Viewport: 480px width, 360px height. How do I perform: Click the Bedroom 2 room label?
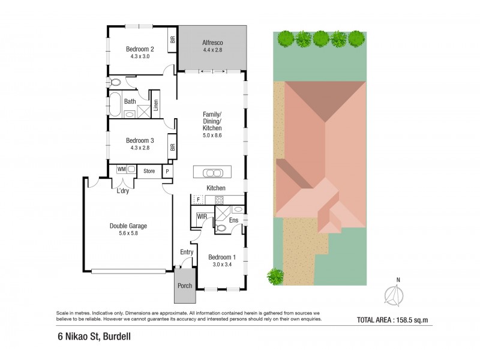pyautogui.click(x=140, y=49)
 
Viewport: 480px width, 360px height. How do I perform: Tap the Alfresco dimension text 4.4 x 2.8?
pyautogui.click(x=212, y=52)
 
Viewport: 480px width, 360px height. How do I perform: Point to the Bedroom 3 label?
pyautogui.click(x=140, y=141)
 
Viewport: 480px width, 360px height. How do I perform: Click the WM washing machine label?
pyautogui.click(x=121, y=170)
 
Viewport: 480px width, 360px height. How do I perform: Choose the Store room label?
pyautogui.click(x=149, y=171)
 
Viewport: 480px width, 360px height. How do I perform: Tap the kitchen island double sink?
pyautogui.click(x=212, y=173)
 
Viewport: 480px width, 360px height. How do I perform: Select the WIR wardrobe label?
pyautogui.click(x=202, y=215)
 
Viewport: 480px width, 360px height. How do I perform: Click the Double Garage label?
pyautogui.click(x=128, y=226)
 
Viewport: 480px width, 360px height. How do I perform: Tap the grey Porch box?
pyautogui.click(x=185, y=286)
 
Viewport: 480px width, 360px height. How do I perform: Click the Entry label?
pyautogui.click(x=187, y=253)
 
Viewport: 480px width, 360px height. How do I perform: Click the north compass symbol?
pyautogui.click(x=395, y=294)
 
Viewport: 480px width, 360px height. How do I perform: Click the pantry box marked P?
pyautogui.click(x=167, y=171)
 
